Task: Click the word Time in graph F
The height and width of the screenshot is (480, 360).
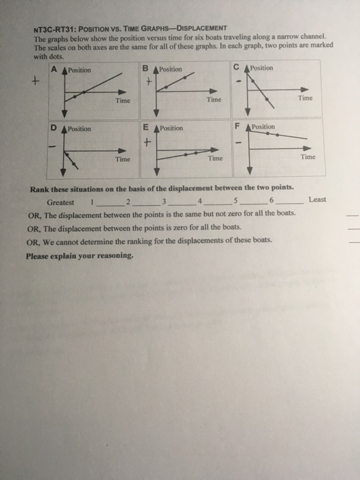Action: (308, 156)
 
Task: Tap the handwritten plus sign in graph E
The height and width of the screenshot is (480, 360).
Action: (146, 143)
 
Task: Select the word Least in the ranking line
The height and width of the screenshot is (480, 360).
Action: (317, 200)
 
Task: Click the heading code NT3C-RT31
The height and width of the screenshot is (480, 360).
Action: (58, 28)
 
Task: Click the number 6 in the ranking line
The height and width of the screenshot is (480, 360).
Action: (272, 200)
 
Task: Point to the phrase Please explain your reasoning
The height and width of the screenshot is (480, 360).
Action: (80, 256)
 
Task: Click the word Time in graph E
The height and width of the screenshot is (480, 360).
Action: (215, 158)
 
